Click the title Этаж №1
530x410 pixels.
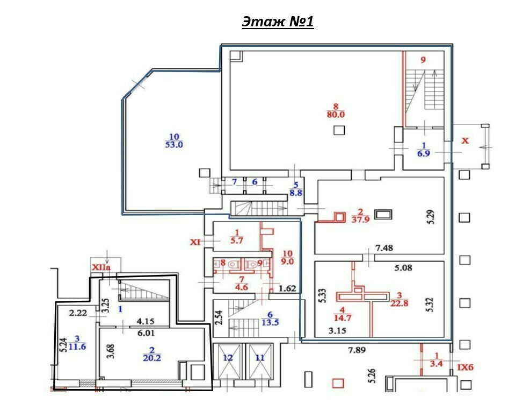point(278,22)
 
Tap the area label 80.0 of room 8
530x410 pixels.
point(336,115)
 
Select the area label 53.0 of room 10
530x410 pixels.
point(174,145)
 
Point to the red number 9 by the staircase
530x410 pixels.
point(423,60)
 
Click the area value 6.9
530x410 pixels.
point(424,153)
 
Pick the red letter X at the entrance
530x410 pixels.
point(465,140)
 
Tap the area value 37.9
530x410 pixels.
point(360,220)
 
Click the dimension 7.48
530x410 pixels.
point(384,248)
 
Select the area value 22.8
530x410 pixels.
point(399,303)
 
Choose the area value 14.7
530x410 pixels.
point(342,318)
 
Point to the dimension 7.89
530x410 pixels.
point(357,350)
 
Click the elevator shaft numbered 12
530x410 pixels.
point(228,361)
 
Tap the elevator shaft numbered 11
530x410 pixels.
point(260,361)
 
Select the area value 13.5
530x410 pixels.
point(270,323)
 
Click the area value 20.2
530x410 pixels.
point(152,358)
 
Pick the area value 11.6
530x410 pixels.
point(77,347)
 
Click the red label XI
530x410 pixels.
point(195,242)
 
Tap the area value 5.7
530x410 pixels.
point(237,241)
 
